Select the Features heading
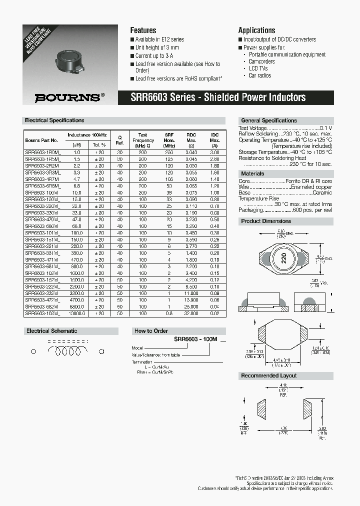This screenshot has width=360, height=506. pos(143,30)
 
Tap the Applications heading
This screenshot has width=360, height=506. pos(256,30)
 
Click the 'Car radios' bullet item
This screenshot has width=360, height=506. pos(259,75)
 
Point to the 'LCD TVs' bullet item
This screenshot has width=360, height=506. pos(258,68)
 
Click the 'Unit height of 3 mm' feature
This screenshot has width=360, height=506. pos(157,47)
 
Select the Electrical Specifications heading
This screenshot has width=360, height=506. pos(54,120)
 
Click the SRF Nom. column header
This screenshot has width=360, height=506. pos(169,138)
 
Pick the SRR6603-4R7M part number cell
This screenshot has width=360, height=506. pos(42,178)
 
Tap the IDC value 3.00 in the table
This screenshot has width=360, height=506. pos(214,151)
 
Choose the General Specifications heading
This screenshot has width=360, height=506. pos(269,120)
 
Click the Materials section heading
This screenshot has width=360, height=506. pos(253,173)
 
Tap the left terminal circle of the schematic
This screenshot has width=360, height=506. pos(33,351)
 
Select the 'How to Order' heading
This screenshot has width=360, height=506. pos(151,331)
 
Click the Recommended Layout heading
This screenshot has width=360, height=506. pos(269,375)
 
